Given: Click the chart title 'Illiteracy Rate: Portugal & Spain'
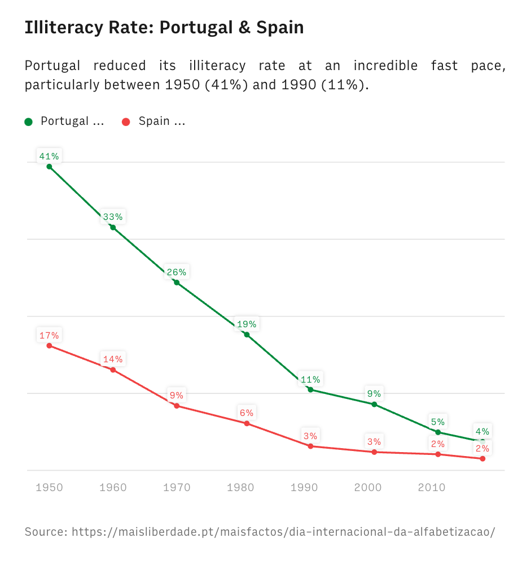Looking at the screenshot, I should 164,27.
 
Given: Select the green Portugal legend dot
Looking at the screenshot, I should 29,122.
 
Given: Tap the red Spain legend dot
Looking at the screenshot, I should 126,122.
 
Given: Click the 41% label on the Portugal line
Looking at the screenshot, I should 49,156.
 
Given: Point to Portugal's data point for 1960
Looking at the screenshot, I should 113,228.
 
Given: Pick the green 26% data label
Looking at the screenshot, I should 177,272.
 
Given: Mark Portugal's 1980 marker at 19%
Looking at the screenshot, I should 247,335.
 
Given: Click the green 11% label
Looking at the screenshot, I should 310,379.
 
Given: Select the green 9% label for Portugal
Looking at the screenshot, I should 374,394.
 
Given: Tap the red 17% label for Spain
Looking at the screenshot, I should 49,335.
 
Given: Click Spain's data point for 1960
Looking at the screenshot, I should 113,370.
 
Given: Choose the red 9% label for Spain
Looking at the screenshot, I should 177,396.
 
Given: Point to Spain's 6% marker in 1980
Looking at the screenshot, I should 247,423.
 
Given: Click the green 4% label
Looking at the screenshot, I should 482,432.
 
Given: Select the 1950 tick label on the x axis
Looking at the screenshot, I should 49,487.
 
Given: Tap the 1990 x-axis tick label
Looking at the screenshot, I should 304,487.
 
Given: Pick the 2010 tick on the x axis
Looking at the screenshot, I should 432,487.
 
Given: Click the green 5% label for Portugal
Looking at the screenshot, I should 438,422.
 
